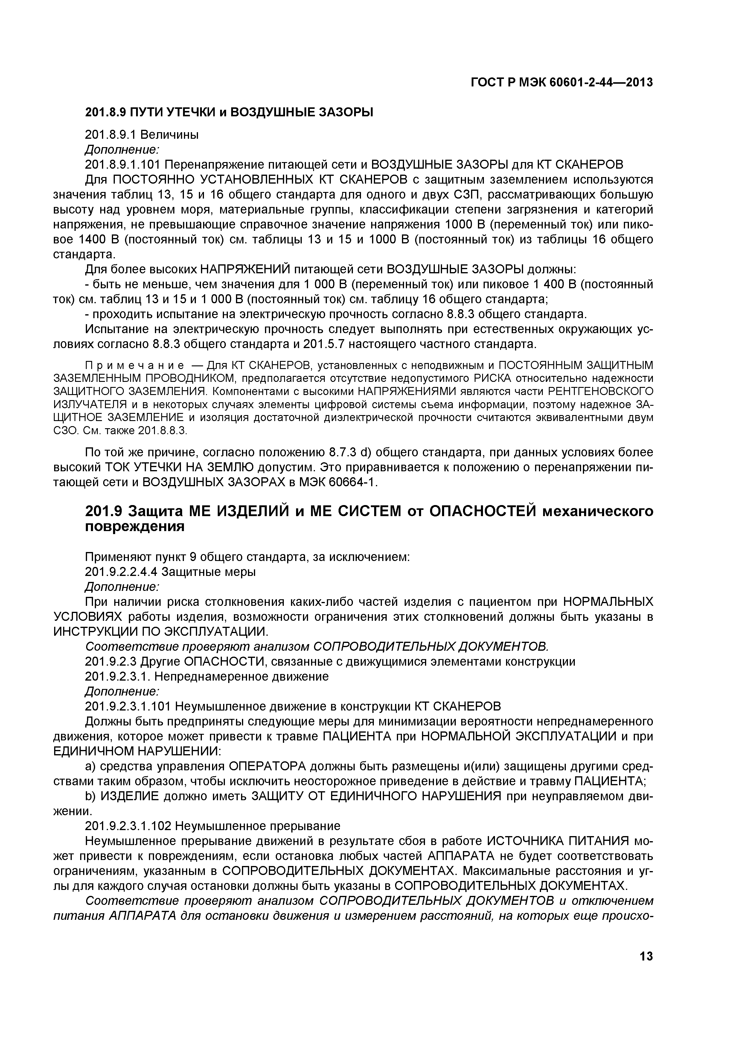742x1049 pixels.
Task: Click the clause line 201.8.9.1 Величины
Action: (142, 135)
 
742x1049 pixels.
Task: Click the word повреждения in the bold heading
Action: (135, 527)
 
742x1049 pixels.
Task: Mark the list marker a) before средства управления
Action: (90, 766)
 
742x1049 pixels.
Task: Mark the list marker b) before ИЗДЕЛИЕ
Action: (90, 796)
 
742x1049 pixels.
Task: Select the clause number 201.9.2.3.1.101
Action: (128, 706)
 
